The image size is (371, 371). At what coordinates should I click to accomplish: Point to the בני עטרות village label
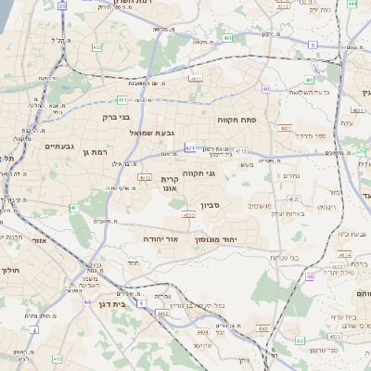[x=267, y=257]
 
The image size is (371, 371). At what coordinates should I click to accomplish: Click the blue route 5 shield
[x=313, y=45]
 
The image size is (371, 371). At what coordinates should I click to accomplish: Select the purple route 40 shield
[x=265, y=89]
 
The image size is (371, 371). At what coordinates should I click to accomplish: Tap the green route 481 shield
[x=122, y=99]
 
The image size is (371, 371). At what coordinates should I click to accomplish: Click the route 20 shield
[x=62, y=6]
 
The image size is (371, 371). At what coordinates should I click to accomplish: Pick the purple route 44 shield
[x=85, y=301]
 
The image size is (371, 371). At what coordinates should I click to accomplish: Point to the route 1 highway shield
[x=141, y=302]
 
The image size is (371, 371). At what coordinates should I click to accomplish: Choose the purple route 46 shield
[x=310, y=275]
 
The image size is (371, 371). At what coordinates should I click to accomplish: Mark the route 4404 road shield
[x=202, y=330]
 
